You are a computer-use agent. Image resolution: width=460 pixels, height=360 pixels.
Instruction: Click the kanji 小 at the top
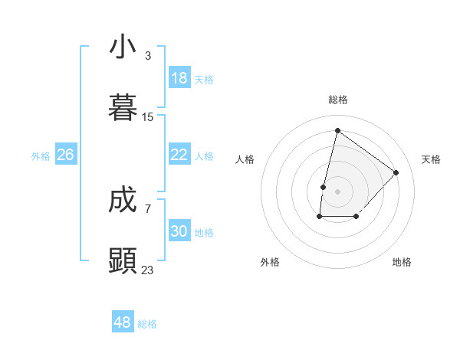coord(123,47)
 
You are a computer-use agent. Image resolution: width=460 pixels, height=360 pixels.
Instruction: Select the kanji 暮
coord(123,107)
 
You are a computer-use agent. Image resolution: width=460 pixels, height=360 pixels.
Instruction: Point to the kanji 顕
coord(123,260)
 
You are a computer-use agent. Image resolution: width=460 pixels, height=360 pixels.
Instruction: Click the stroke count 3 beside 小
coord(148,56)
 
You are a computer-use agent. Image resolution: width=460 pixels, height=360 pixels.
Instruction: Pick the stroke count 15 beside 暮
coord(148,117)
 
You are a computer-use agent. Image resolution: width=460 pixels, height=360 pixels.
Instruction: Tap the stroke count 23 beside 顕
coord(148,270)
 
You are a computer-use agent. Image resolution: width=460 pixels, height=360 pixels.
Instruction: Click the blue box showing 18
coord(179,78)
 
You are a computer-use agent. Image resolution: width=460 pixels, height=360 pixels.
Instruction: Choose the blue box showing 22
coord(179,155)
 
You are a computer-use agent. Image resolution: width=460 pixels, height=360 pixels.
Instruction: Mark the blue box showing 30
coord(179,231)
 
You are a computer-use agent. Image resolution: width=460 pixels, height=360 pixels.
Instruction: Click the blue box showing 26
coord(66,155)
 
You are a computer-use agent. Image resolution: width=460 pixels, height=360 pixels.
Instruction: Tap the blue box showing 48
coord(123,322)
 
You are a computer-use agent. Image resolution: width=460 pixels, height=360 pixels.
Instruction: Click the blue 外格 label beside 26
coord(41,156)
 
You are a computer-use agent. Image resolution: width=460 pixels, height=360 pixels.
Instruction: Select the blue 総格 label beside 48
coord(147,324)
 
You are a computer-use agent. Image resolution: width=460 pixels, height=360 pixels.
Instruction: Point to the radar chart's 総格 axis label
coord(337,100)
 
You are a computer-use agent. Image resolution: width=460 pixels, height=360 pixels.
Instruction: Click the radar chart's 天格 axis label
coord(431,159)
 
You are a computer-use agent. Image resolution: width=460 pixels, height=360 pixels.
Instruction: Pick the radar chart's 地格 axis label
coord(402,262)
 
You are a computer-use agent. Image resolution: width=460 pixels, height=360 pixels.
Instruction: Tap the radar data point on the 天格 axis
coord(396,172)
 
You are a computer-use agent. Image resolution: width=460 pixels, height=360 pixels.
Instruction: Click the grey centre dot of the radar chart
coord(337,191)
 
